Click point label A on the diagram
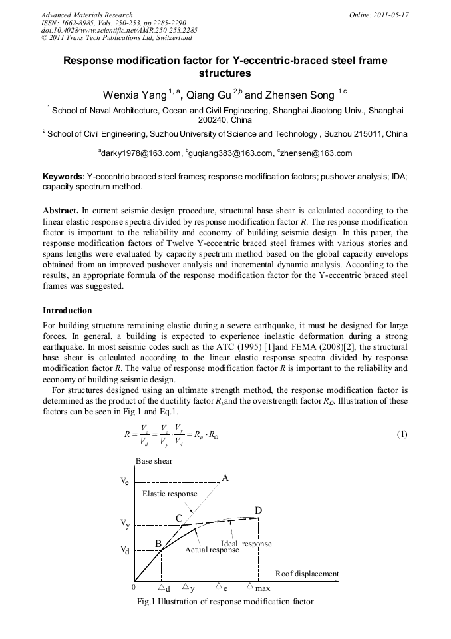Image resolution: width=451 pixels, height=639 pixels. tap(225, 478)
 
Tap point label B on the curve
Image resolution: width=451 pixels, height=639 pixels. tap(158, 543)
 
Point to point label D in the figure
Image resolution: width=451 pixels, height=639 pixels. tap(258, 510)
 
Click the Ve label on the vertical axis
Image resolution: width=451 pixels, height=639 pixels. tap(125, 481)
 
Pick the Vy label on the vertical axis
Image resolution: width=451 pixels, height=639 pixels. tap(125, 524)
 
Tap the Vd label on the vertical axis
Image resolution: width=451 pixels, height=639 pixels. tap(125, 551)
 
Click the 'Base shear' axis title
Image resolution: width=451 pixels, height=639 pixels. tap(154, 461)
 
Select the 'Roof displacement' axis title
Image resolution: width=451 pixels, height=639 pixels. tap(307, 574)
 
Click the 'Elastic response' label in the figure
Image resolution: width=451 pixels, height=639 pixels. tap(170, 494)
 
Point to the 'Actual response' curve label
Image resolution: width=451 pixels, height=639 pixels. tap(212, 550)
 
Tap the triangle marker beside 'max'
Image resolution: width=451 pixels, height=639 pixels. tap(249, 587)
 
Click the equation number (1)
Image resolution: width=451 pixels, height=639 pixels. tap(402, 435)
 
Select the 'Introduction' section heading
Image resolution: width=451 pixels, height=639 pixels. tap(67, 311)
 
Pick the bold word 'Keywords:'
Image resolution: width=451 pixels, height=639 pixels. tap(64, 177)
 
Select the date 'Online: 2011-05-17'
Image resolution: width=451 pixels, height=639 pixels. tap(378, 15)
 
